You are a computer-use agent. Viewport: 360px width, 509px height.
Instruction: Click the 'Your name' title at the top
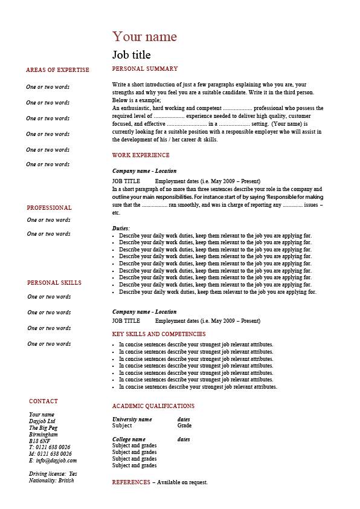tap(144, 36)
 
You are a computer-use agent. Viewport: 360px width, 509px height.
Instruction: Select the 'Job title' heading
tap(132, 54)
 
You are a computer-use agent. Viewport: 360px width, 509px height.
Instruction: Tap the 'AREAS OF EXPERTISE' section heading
tap(57, 70)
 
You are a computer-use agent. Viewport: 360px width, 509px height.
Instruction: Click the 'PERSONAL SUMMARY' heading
tap(145, 69)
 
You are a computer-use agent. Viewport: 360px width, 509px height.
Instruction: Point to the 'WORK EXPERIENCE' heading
tap(140, 155)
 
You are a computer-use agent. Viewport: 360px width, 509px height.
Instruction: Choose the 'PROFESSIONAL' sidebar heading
tap(49, 208)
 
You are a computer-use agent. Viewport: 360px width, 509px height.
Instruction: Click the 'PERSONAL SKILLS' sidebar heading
tap(54, 283)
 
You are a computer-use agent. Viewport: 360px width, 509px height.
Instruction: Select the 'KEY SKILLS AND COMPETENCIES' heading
tap(159, 334)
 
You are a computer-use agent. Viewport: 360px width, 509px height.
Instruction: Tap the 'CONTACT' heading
tap(43, 401)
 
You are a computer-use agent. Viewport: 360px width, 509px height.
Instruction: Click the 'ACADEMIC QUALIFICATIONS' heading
tap(153, 406)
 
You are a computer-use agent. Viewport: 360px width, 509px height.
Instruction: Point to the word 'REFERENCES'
tap(131, 482)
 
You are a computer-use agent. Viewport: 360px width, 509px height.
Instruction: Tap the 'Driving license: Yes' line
tap(53, 473)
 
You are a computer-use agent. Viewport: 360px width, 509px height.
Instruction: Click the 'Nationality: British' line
tap(51, 481)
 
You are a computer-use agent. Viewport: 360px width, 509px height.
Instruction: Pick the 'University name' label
tap(132, 419)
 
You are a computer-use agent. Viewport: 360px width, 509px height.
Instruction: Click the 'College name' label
tap(129, 439)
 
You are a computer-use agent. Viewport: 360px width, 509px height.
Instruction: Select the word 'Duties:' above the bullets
tap(121, 229)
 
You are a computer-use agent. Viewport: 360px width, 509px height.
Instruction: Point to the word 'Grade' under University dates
tap(184, 426)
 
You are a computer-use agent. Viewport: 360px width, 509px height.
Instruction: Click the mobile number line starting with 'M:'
tap(50, 454)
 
